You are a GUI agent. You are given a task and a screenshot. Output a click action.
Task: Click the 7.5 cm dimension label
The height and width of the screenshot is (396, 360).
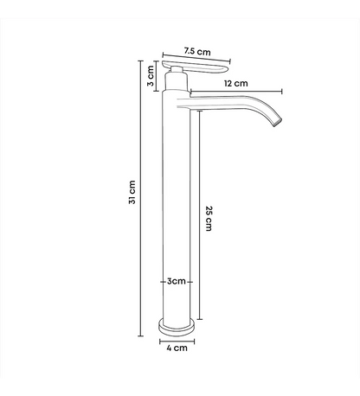click(197, 51)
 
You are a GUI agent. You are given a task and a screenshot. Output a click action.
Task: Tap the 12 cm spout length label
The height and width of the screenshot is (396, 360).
click(236, 83)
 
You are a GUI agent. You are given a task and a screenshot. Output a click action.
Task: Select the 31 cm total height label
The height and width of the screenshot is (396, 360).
click(132, 192)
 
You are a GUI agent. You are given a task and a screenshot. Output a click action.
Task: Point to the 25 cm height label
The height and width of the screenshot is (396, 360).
click(209, 218)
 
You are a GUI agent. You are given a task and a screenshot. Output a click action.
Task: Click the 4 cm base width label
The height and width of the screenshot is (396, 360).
click(177, 348)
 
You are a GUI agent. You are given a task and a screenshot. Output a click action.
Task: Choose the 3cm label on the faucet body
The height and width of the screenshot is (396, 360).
click(177, 281)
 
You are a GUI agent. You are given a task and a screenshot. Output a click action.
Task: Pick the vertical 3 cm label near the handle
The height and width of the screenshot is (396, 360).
click(151, 75)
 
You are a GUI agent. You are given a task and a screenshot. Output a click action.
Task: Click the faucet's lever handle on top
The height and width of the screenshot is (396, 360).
click(196, 67)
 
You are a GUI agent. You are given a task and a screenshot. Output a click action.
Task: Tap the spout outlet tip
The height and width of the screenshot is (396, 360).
click(278, 122)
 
